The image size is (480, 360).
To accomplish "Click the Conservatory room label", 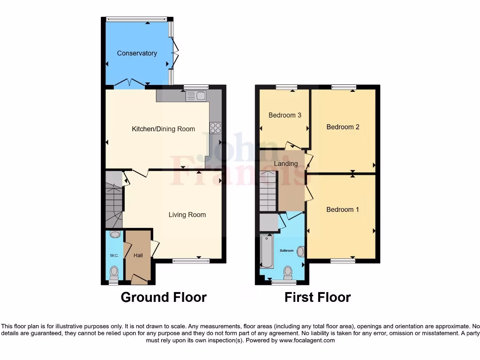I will (x=137, y=53).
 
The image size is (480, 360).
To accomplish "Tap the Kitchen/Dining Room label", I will (x=163, y=129).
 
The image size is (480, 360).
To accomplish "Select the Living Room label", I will (x=187, y=215).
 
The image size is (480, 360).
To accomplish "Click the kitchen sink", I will (x=196, y=96).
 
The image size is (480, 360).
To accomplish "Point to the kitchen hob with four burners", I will (x=215, y=127).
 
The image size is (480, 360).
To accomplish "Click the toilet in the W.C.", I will (x=114, y=271).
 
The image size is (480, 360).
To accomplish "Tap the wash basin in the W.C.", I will (x=115, y=234).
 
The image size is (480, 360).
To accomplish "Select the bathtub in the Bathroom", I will (x=267, y=252).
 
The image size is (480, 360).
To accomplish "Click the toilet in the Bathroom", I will (x=288, y=272).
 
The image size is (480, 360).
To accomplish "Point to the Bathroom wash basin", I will (x=300, y=252).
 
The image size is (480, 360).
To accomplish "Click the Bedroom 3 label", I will (x=285, y=115).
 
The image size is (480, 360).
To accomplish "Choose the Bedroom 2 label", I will (x=343, y=127).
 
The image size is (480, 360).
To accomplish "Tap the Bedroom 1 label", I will (x=342, y=210).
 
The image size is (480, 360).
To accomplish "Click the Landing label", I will (x=285, y=164).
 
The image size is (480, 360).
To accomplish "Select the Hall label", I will (x=138, y=255).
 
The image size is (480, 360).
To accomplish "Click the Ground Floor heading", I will (x=164, y=297).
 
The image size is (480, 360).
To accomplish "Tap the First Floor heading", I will (x=317, y=297).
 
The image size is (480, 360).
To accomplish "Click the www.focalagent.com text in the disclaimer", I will (x=307, y=341).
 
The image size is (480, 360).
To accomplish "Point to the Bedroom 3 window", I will (x=286, y=87).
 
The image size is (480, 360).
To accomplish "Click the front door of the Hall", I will (x=139, y=280).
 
